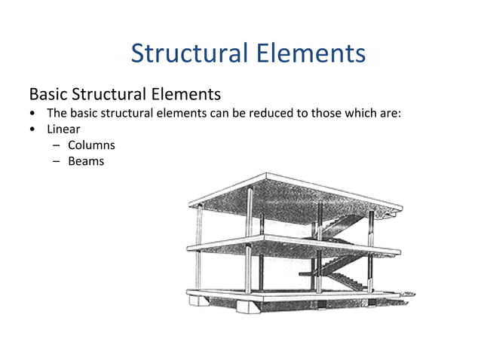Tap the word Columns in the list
click(91, 145)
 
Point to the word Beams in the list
click(86, 161)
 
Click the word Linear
click(63, 129)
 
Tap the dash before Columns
click(56, 145)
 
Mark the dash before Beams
click(56, 161)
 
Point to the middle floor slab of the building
click(286, 244)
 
